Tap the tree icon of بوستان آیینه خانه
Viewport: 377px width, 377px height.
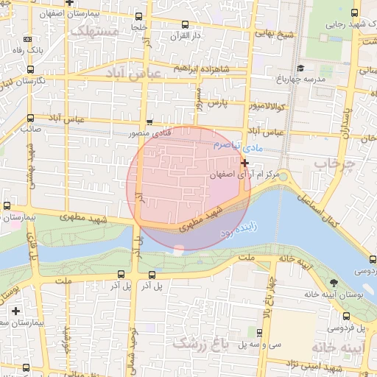(334, 283)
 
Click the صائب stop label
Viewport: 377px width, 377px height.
(29, 128)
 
